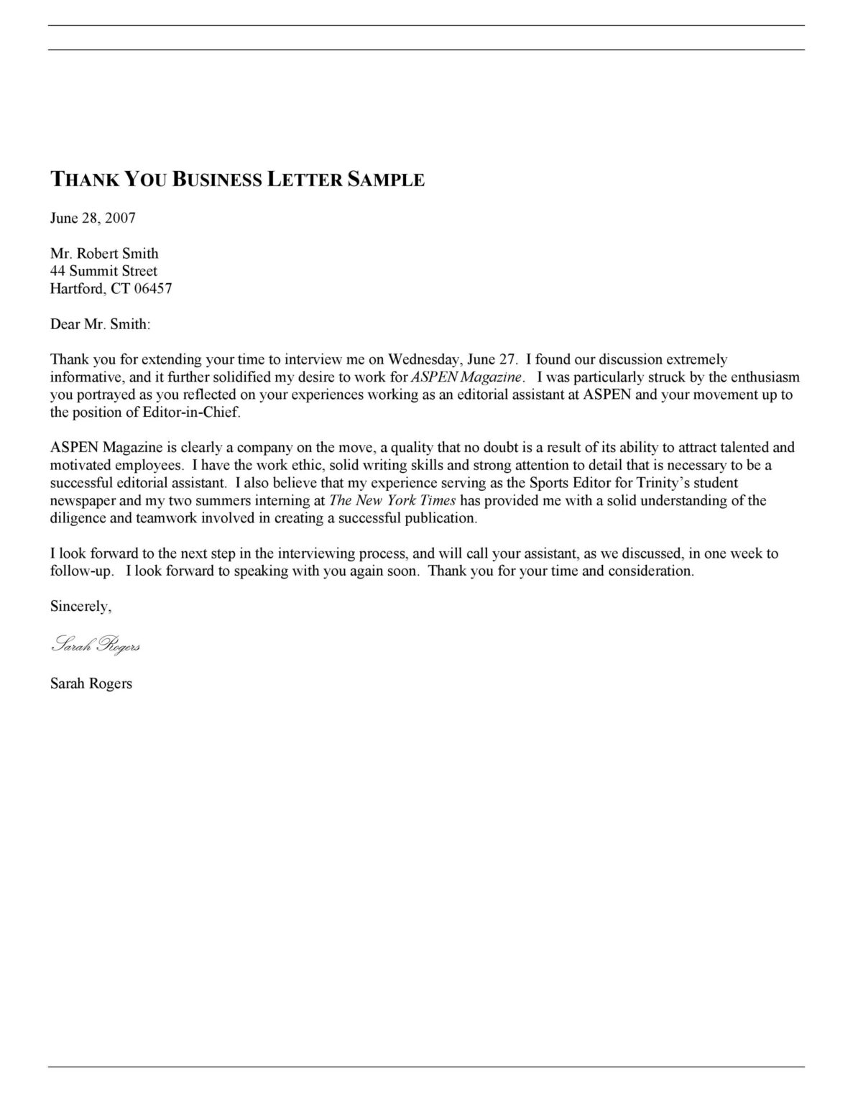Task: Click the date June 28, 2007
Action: click(93, 218)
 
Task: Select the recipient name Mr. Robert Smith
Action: click(104, 253)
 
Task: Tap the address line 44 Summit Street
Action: click(103, 271)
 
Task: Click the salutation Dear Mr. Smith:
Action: click(101, 324)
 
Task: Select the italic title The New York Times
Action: click(392, 500)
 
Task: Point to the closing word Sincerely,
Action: click(80, 606)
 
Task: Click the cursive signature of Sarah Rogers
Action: click(95, 645)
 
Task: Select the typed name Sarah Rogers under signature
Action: click(91, 684)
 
